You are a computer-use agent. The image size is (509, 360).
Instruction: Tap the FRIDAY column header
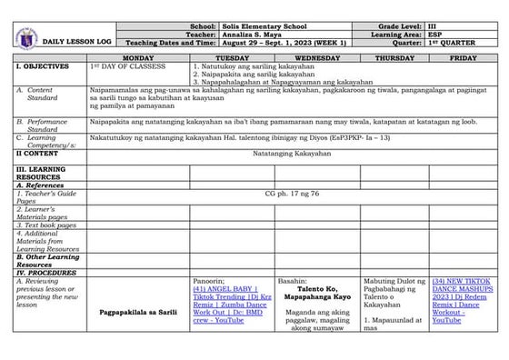pyautogui.click(x=463, y=57)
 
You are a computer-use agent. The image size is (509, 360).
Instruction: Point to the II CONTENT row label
pyautogui.click(x=37, y=154)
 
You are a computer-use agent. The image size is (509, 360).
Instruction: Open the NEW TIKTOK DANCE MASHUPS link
pyautogui.click(x=463, y=301)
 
